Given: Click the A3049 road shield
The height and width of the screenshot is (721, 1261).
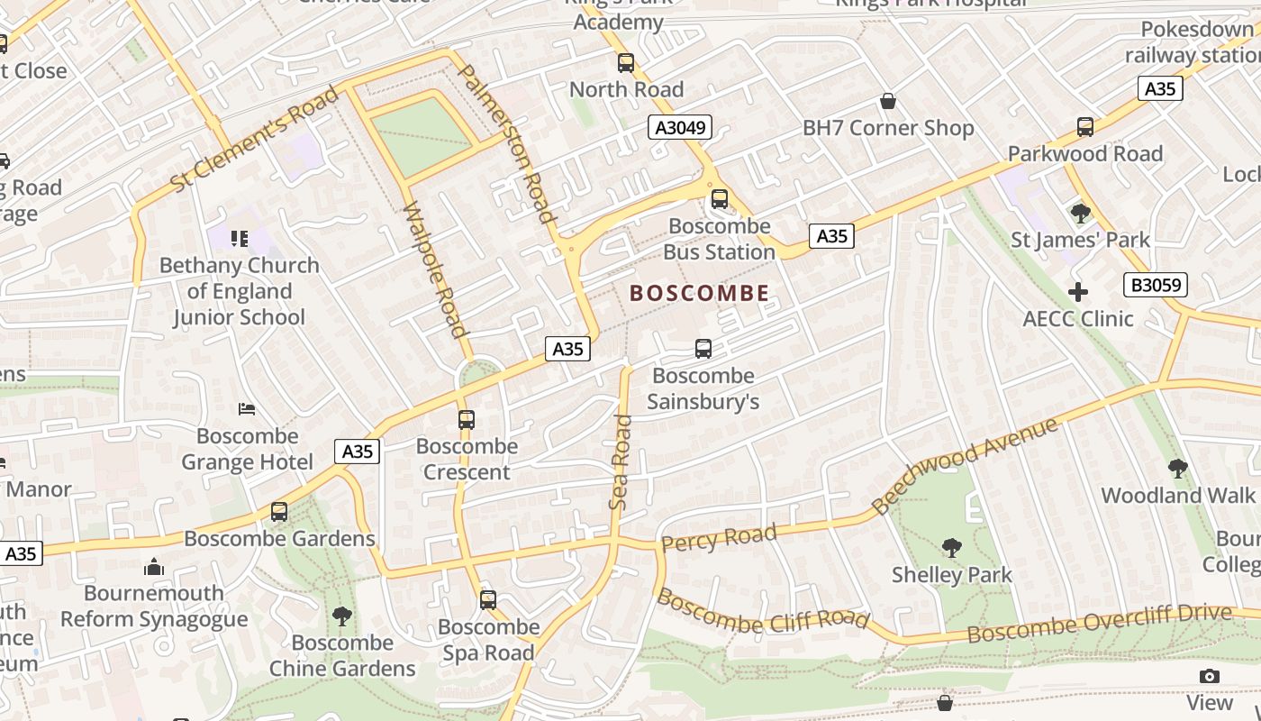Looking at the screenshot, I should [x=680, y=128].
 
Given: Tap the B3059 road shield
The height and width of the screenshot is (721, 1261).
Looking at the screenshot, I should [x=1156, y=286].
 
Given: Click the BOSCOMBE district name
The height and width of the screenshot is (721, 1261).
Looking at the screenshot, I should [x=700, y=293].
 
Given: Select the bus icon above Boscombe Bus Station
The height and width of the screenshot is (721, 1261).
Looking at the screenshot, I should [x=719, y=199].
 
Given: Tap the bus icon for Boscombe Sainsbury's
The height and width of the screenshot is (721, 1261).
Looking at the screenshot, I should [x=703, y=349].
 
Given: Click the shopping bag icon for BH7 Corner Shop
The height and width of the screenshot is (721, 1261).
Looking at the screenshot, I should [x=888, y=101].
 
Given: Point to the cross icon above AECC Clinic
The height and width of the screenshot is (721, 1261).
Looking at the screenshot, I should [x=1078, y=292].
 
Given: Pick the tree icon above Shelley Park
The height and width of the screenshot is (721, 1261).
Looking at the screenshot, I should [x=951, y=548].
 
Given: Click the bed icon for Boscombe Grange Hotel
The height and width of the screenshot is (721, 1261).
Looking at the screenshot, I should [x=247, y=409].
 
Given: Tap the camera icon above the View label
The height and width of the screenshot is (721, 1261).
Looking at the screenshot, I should [x=1210, y=676].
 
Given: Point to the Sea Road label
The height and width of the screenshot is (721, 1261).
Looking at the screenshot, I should [x=621, y=461].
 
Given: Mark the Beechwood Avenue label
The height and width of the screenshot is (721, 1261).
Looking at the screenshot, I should [x=965, y=466].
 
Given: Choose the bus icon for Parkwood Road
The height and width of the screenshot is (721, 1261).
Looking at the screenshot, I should [x=1085, y=127].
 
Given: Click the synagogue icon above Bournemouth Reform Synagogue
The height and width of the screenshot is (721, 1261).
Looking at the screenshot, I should [x=154, y=567].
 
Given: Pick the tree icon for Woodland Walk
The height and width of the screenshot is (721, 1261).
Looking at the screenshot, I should [x=1177, y=469].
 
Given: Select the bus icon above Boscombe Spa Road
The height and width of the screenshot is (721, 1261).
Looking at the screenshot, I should [x=488, y=599].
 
